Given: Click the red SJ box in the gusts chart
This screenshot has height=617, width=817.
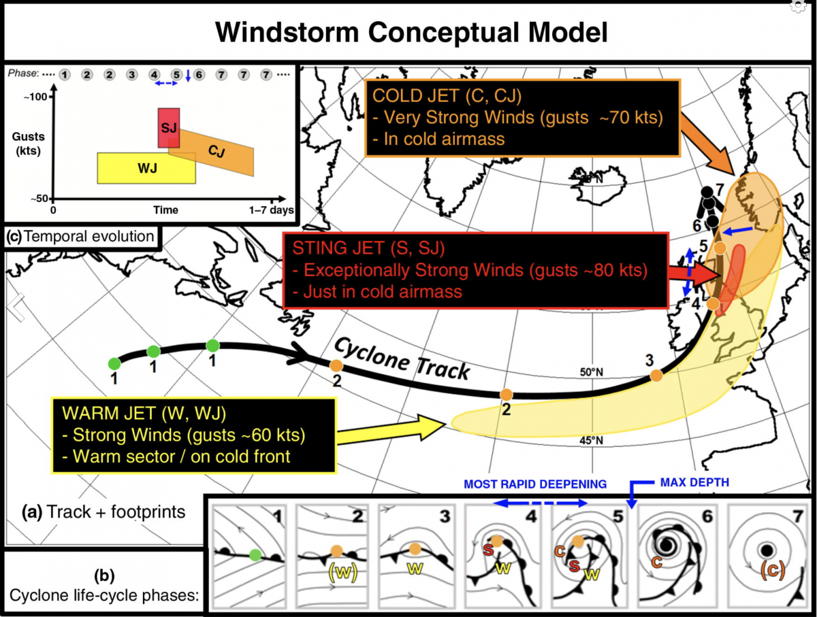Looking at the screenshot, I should click(169, 127).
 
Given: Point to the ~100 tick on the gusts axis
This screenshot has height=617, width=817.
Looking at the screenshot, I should click(38, 97).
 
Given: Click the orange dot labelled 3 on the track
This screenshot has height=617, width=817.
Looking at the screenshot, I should click(656, 375).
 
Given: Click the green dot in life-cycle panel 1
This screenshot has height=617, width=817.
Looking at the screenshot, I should click(255, 554).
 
